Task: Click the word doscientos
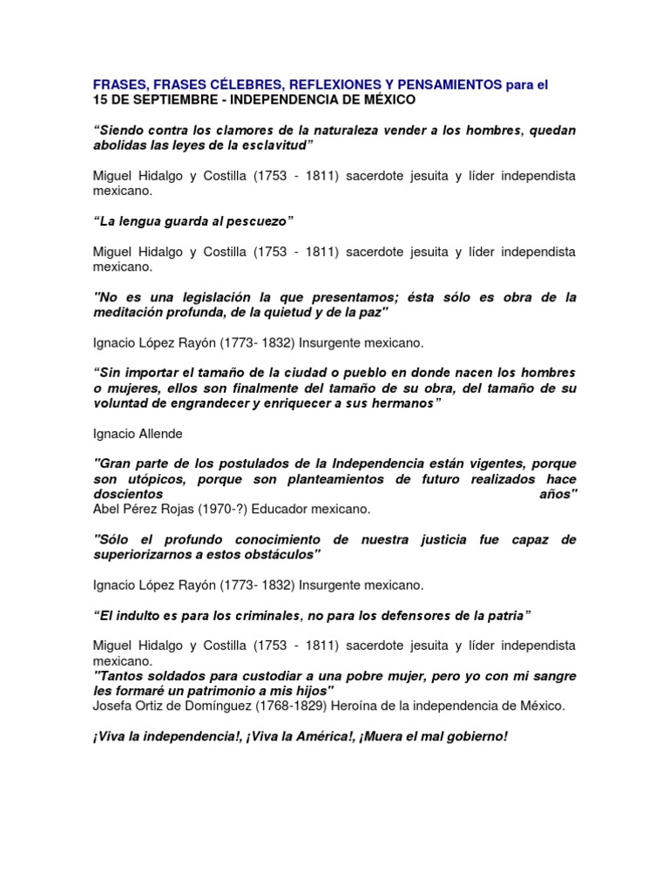128,494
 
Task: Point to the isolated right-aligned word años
557,494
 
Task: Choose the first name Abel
105,509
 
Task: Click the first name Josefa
111,706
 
